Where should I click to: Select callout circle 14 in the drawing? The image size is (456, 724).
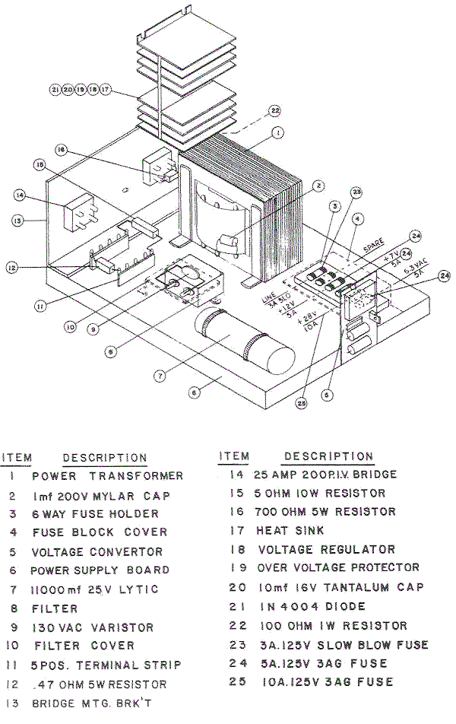tap(21, 195)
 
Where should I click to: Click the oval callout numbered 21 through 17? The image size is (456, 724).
tap(80, 90)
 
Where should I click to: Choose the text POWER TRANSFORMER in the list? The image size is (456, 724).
tap(107, 476)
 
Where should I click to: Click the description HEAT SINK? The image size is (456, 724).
tap(290, 530)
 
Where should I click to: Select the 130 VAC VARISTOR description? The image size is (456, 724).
tap(93, 627)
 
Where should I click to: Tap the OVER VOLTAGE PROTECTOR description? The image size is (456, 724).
tap(338, 567)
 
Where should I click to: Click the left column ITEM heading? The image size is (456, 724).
tap(17, 458)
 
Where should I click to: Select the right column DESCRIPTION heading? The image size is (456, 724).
tap(328, 456)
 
